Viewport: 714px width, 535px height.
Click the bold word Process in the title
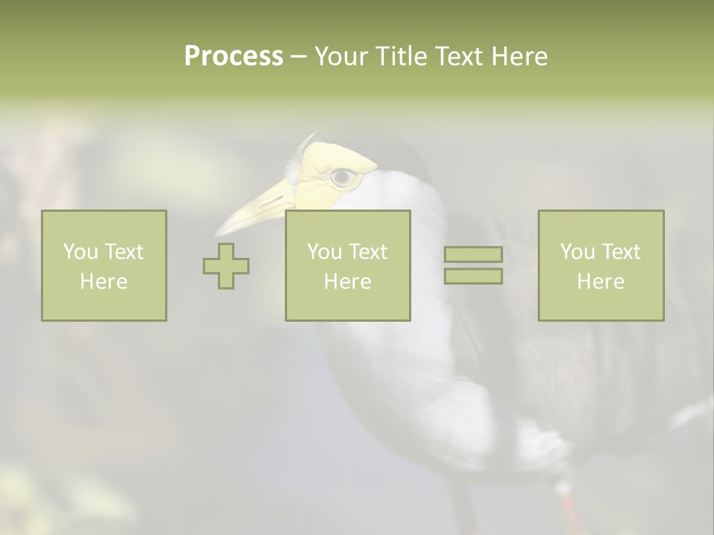(x=234, y=56)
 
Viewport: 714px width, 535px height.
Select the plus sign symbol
(x=226, y=266)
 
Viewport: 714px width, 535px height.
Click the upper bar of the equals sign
(x=473, y=254)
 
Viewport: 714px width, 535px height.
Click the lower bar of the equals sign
(x=473, y=276)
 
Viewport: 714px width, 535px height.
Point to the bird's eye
(x=343, y=177)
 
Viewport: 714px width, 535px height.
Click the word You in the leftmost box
(x=80, y=252)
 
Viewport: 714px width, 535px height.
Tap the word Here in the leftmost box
(x=103, y=282)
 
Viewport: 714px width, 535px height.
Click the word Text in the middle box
(x=368, y=252)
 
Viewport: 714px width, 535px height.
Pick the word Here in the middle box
(x=347, y=282)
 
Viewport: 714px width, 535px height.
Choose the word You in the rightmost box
(x=578, y=252)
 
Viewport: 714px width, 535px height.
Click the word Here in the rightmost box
(x=600, y=282)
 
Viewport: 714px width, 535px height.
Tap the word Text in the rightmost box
(x=621, y=252)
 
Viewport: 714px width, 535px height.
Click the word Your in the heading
(x=341, y=56)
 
